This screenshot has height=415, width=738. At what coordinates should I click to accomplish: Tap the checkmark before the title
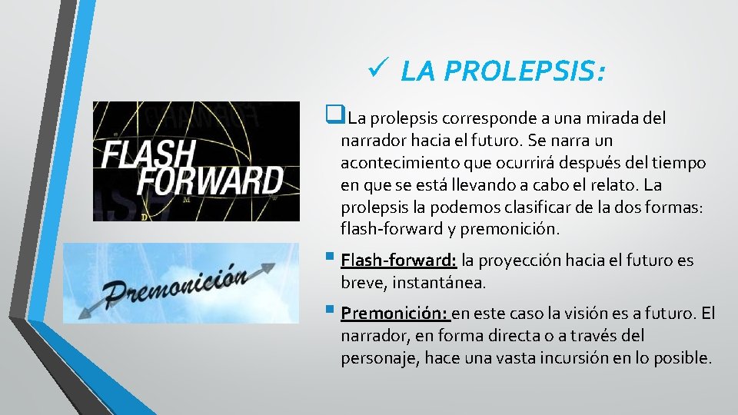(377, 71)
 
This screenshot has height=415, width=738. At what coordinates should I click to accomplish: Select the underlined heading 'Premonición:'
(395, 314)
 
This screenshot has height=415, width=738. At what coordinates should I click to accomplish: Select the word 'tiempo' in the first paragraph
(679, 163)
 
